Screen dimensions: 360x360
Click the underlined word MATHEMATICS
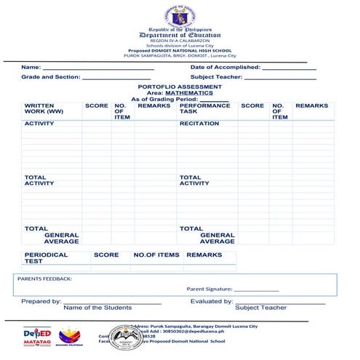pyautogui.click(x=185, y=93)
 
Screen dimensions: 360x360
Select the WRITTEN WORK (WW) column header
pyautogui.click(x=44, y=108)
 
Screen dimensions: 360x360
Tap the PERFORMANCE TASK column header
pyautogui.click(x=204, y=108)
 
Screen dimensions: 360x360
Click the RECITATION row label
pyautogui.click(x=199, y=124)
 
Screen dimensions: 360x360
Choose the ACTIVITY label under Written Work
pyautogui.click(x=39, y=124)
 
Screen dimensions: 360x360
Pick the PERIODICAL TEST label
pyautogui.click(x=46, y=257)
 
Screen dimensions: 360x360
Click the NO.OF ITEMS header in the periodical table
pyautogui.click(x=156, y=255)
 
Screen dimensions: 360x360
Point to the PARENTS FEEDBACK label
pyautogui.click(x=44, y=278)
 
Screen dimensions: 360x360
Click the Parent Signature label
pyautogui.click(x=209, y=289)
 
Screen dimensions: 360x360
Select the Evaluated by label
pyautogui.click(x=211, y=301)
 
